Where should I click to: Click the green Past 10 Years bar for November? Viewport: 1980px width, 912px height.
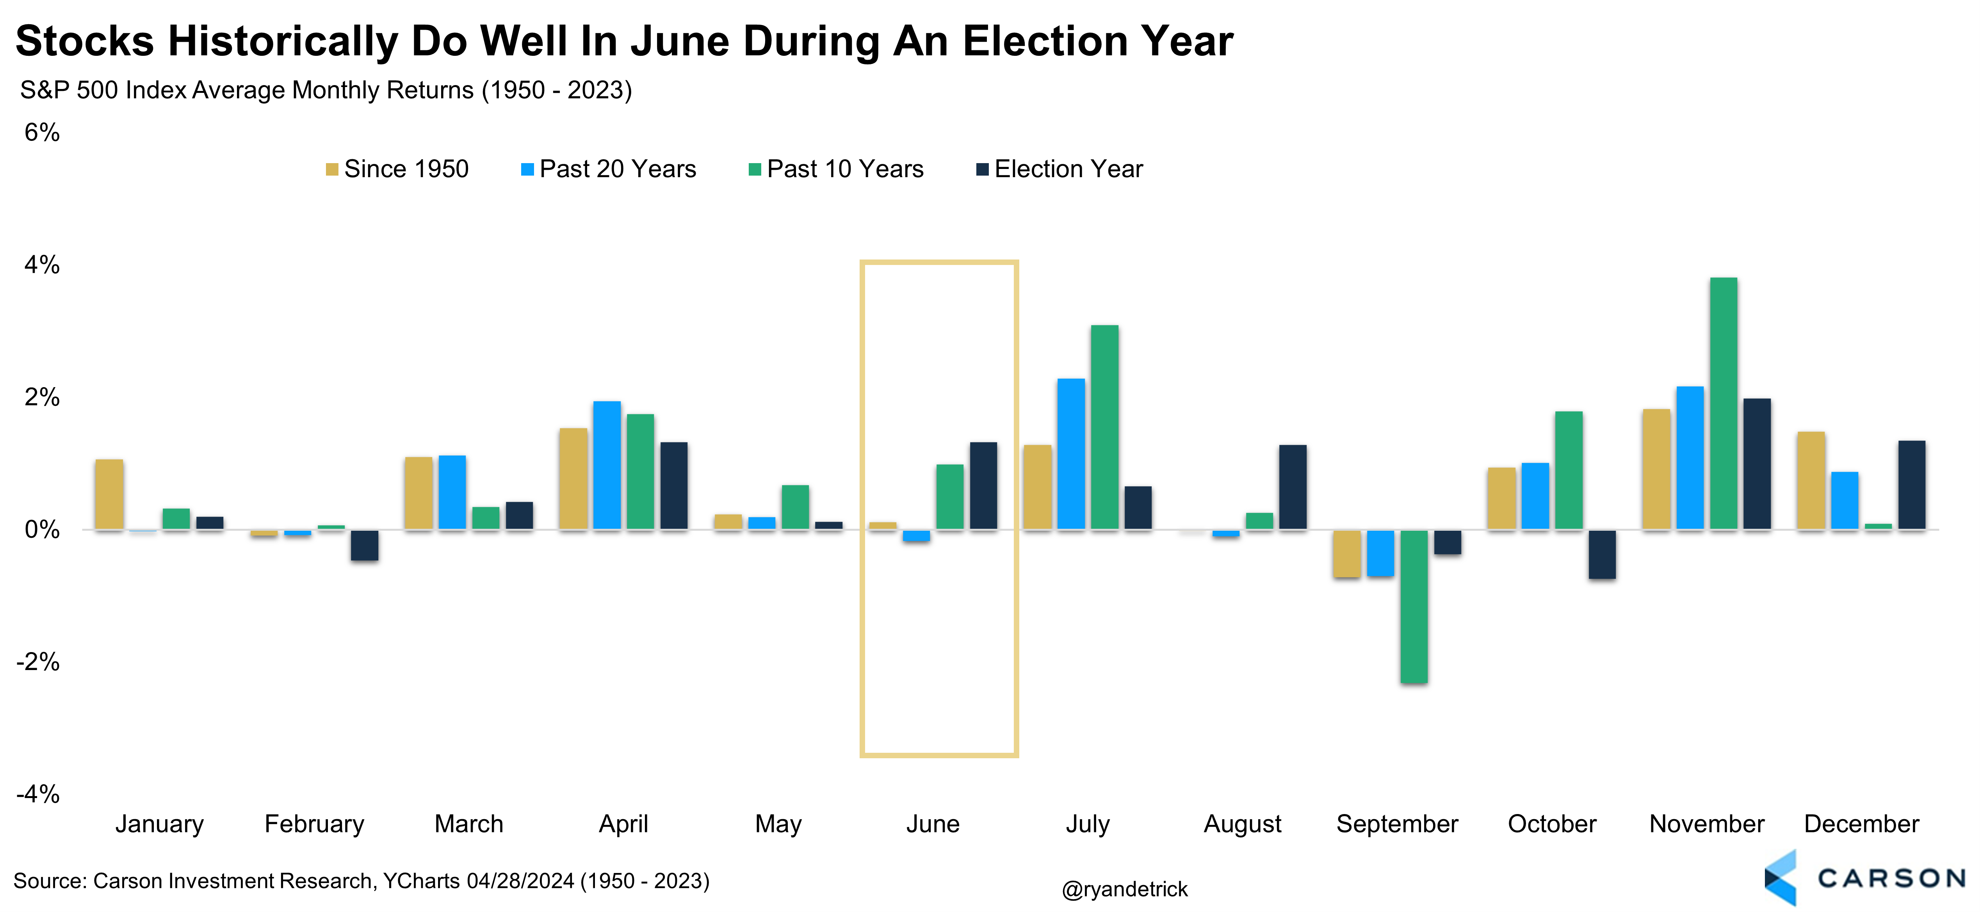pos(1723,404)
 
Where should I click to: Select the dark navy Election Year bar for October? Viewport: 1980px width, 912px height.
pos(1602,554)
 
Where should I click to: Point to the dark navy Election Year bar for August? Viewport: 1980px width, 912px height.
pos(1292,487)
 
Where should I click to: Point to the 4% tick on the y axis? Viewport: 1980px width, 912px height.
pos(41,265)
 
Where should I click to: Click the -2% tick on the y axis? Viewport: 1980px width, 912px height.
pos(38,661)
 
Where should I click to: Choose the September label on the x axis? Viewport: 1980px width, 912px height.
pos(1397,824)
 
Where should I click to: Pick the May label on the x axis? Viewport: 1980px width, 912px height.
pos(778,824)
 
